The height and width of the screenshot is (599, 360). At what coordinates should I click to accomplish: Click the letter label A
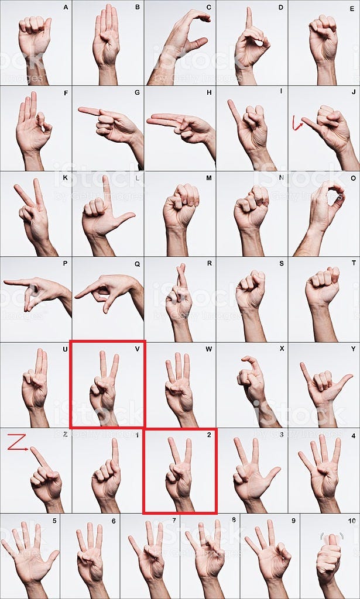(65, 7)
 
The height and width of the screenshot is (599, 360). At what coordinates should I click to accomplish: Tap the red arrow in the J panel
(297, 123)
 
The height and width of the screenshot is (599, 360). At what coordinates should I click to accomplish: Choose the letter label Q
(137, 264)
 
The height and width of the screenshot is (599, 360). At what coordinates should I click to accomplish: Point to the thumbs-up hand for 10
(329, 559)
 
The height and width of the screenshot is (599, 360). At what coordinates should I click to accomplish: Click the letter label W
(209, 349)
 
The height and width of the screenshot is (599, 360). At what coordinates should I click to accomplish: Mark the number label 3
(281, 435)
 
